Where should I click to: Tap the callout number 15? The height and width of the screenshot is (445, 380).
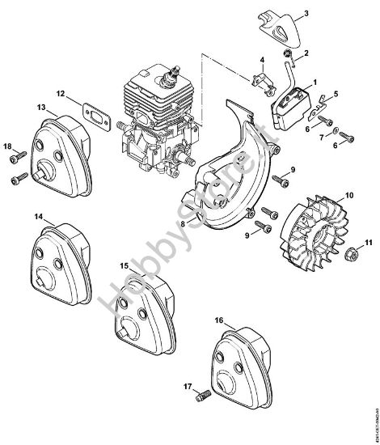[x=124, y=266]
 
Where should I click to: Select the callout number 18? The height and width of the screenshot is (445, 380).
[x=8, y=146]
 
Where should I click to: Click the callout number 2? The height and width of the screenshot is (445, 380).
[x=305, y=54]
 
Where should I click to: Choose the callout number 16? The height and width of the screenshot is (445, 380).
[x=219, y=320]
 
